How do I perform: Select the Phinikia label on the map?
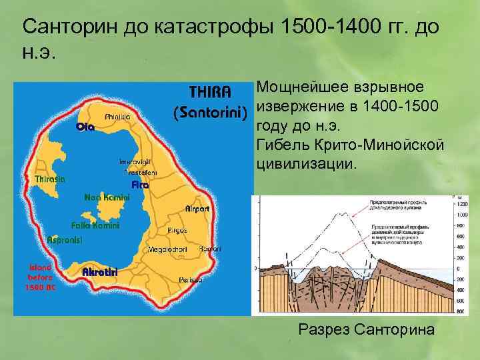117,116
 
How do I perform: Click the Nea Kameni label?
107,197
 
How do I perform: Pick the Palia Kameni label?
95,225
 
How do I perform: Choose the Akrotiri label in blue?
100,271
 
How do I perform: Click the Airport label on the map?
197,209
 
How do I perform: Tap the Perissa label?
190,279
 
